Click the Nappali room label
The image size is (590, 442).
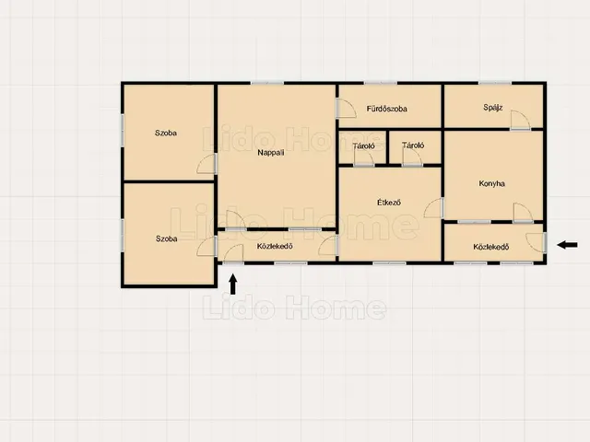pos(270,153)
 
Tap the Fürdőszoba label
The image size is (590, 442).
pos(387,109)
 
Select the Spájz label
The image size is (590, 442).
pos(492,108)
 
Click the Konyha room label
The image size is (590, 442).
pos(491,183)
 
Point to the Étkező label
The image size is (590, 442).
pos(389,203)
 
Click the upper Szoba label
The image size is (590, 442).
pos(166,133)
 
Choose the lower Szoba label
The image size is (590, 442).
pos(166,238)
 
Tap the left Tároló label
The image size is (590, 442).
pos(363,145)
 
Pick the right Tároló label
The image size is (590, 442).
pos(413,145)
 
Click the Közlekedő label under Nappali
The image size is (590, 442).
pos(275,246)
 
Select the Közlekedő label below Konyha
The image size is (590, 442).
pos(491,247)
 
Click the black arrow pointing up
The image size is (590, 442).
pos(233,284)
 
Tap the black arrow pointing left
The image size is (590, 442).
pos(567,245)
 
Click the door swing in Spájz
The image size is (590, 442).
pos(520,120)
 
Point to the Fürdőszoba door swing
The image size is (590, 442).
pos(347,109)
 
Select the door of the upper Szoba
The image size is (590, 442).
pos(206,164)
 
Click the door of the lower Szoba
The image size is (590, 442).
pos(206,247)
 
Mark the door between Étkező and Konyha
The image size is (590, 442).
pos(433,208)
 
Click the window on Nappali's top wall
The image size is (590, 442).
pos(267,83)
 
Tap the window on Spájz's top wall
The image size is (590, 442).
pos(495,83)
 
